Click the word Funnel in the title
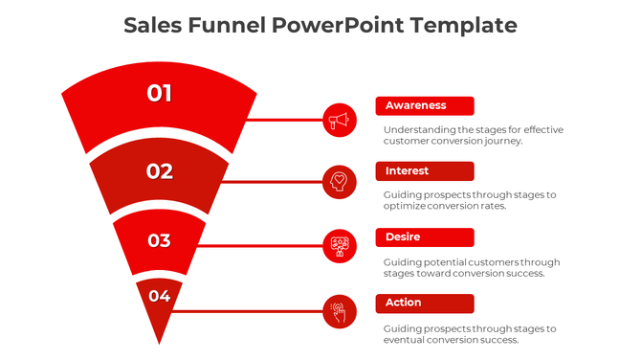(x=229, y=25)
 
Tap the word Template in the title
(x=463, y=25)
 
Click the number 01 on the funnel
(x=159, y=93)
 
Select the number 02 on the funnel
(x=159, y=171)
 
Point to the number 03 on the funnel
(x=159, y=240)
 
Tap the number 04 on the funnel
(x=159, y=296)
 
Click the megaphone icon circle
(x=339, y=121)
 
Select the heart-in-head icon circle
(x=339, y=181)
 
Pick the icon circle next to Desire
(x=339, y=246)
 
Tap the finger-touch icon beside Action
(x=339, y=310)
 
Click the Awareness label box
(x=424, y=105)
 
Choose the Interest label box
(x=424, y=170)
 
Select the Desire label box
(x=424, y=236)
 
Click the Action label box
(x=424, y=303)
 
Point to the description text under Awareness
(x=473, y=135)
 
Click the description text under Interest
(x=469, y=200)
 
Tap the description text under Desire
(x=471, y=267)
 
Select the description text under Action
(x=469, y=334)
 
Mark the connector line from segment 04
(x=249, y=310)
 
